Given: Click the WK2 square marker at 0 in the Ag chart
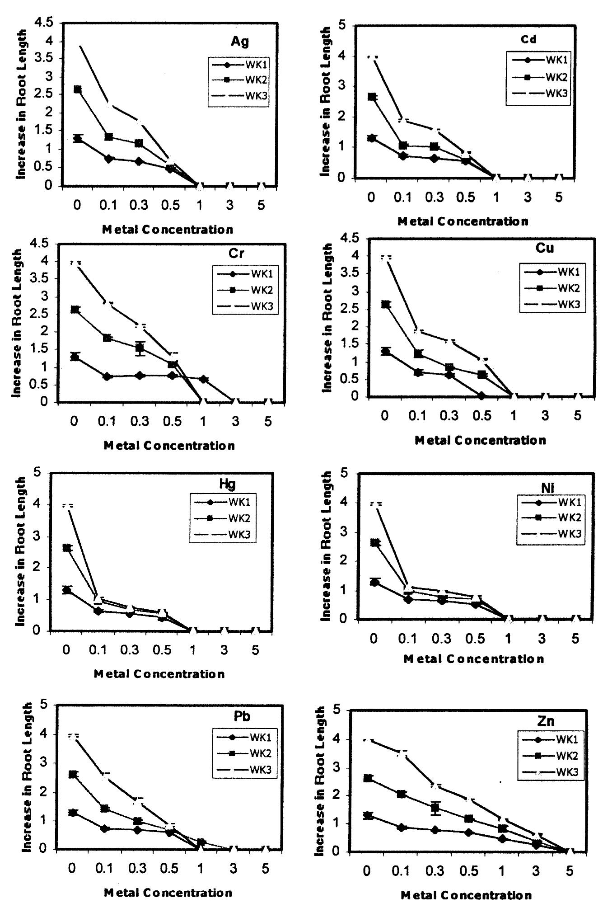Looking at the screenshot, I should (x=78, y=89).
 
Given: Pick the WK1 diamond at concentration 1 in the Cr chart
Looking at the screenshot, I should (x=204, y=379).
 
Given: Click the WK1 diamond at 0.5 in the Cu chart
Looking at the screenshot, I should (x=481, y=396).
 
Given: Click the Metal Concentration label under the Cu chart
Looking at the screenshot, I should (x=480, y=440).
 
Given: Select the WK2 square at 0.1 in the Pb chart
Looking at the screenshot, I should (x=105, y=808).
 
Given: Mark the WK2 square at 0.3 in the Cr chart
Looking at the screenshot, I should (x=140, y=348).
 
